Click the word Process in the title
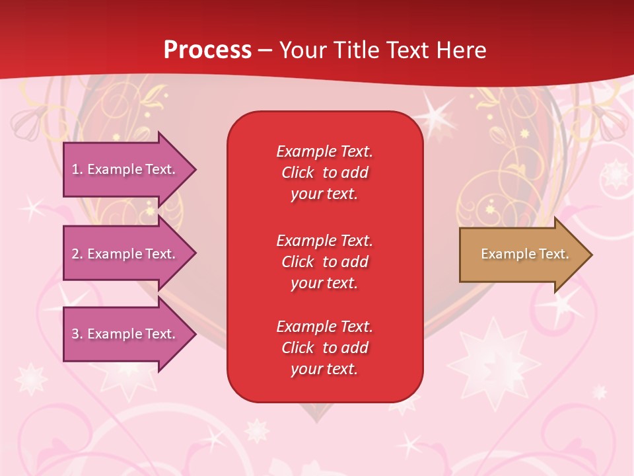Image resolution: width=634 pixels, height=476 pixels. [207, 50]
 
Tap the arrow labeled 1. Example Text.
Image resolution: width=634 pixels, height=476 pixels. [125, 170]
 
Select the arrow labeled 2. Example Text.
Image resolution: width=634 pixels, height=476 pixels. [125, 254]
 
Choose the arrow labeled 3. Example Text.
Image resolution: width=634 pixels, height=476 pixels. [125, 334]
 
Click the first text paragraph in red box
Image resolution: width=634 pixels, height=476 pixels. [324, 173]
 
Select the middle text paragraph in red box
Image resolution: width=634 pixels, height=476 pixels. [324, 262]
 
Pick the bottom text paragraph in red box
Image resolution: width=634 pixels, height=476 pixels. [324, 348]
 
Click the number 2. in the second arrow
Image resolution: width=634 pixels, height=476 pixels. [77, 254]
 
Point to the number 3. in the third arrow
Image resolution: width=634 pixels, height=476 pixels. [77, 334]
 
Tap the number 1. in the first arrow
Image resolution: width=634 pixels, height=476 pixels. [77, 170]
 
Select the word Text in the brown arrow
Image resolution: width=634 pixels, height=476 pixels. [554, 254]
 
